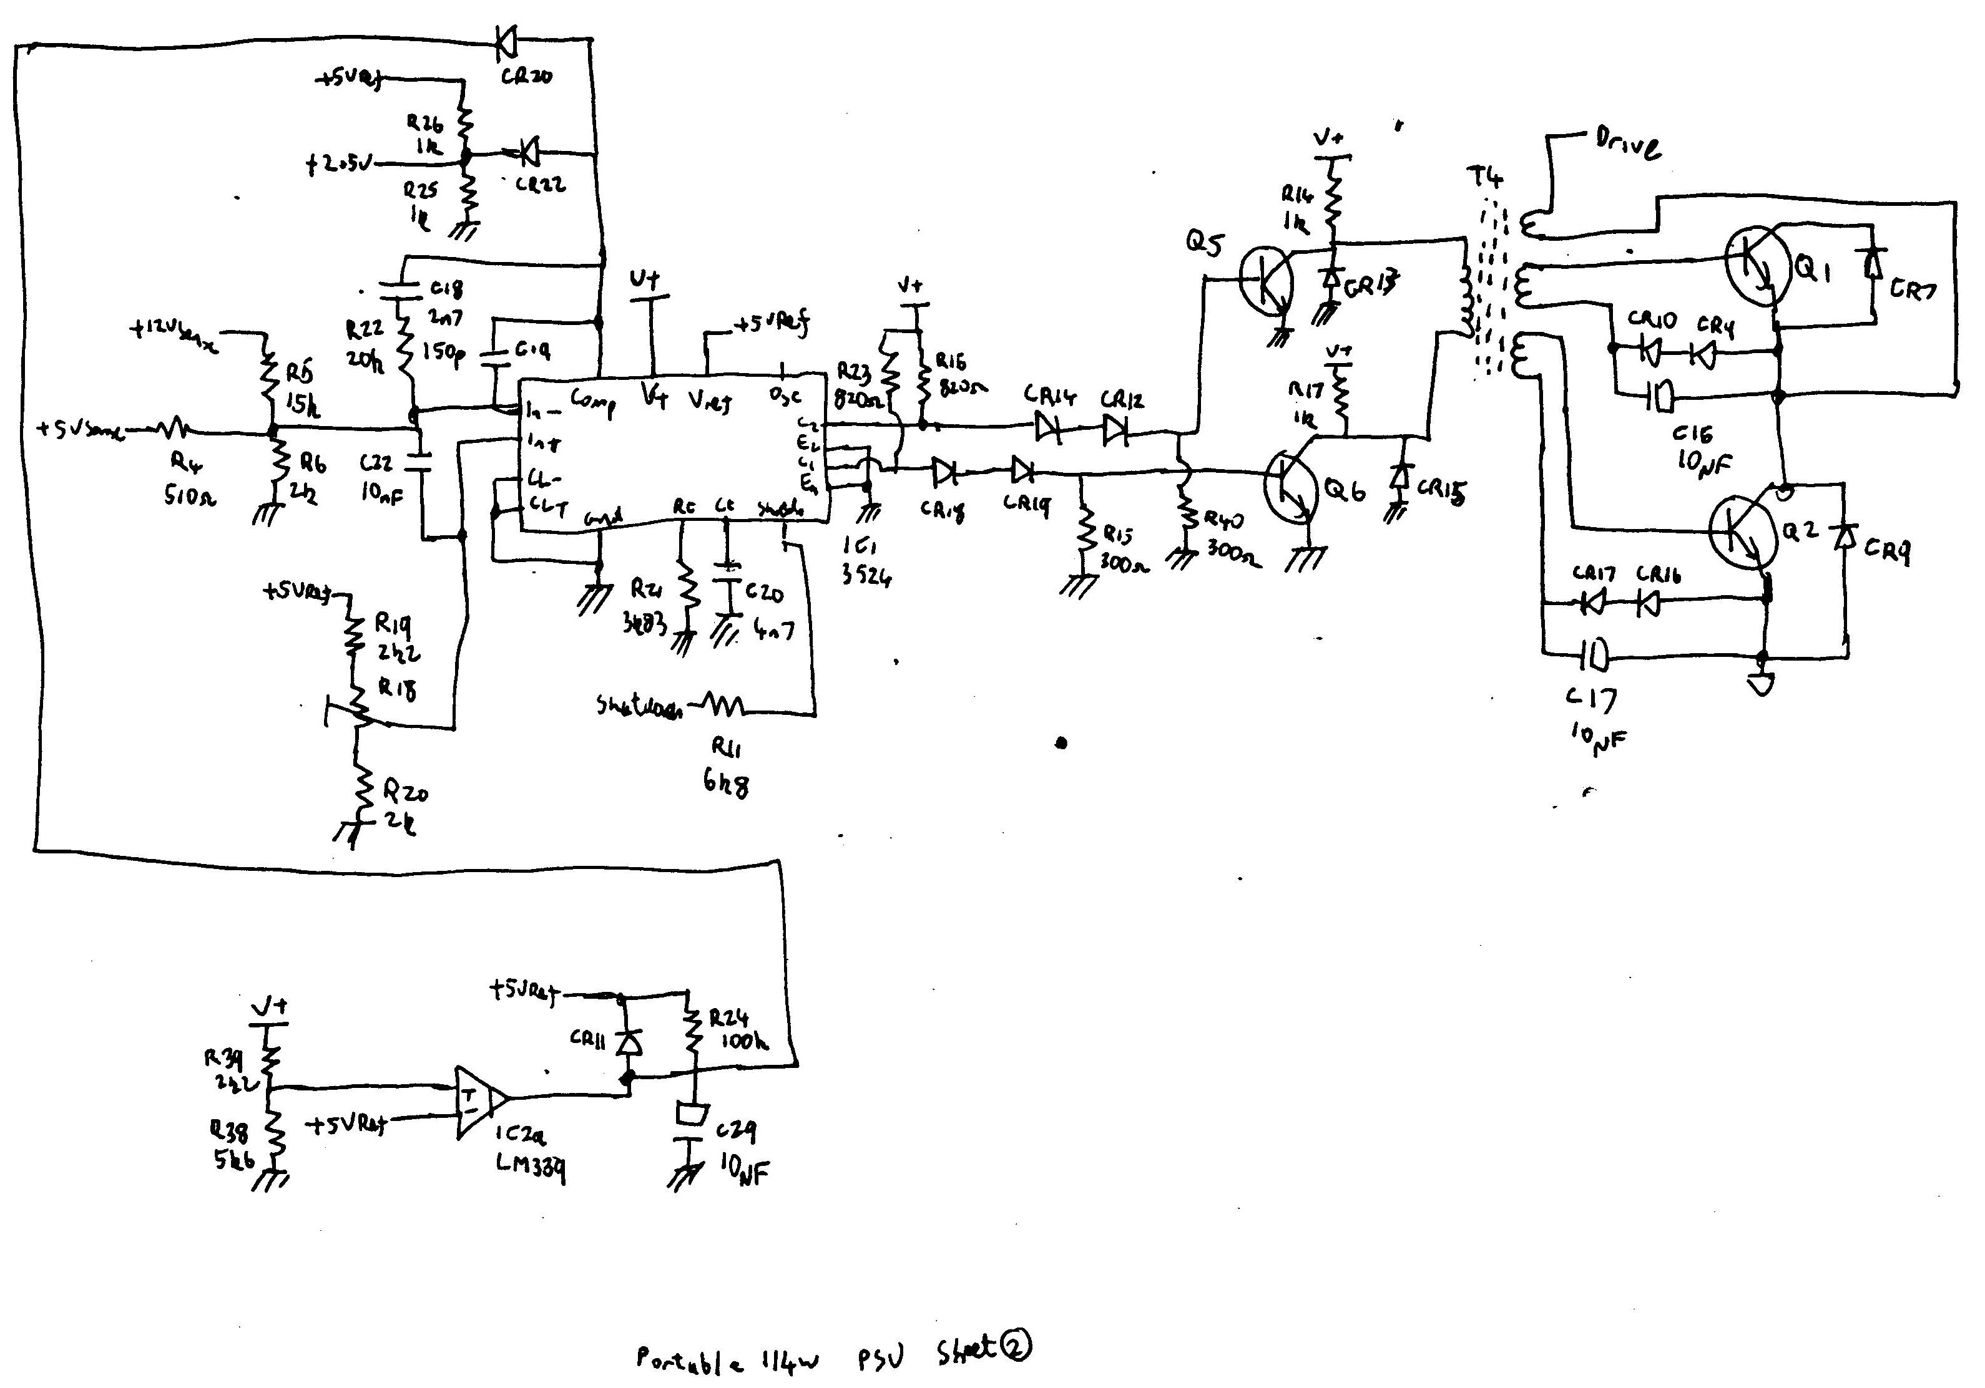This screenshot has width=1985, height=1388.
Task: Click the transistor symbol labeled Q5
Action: (x=1266, y=278)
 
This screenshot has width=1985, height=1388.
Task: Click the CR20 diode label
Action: (x=526, y=76)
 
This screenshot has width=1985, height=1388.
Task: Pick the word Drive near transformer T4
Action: (x=1627, y=143)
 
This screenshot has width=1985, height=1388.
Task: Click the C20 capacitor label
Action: (x=764, y=593)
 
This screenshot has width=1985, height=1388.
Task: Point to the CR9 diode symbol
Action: (x=1846, y=538)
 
